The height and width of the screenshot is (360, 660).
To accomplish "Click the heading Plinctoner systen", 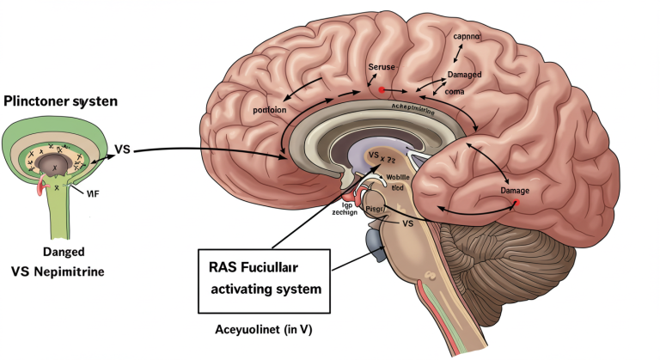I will point(59,101).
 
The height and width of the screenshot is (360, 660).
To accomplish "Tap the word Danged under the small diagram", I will point(61,251).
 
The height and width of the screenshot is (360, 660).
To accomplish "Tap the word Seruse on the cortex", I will point(382,67).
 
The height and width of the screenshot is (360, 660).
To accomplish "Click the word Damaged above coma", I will point(465,75).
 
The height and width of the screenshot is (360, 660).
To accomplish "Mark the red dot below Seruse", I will point(381,88).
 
